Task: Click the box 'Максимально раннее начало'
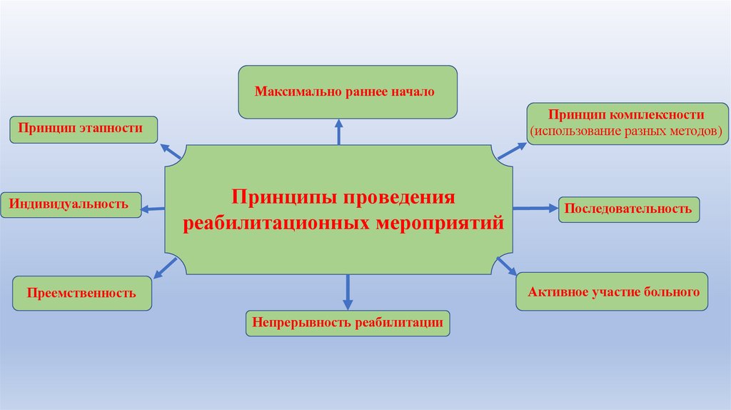tap(347, 92)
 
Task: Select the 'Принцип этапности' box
tap(84, 129)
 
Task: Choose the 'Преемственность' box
tap(82, 293)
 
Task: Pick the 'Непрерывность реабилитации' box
tap(349, 323)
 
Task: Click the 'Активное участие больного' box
tap(612, 291)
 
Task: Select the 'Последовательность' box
tap(628, 209)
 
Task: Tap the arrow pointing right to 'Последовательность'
tap(535, 209)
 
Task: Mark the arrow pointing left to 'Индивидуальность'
tap(153, 209)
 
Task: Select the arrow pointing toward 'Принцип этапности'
tap(170, 151)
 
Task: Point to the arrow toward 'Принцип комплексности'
tap(511, 150)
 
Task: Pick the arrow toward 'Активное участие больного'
tap(506, 266)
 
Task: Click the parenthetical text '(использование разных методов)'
tap(626, 131)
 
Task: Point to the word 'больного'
tap(667, 291)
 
